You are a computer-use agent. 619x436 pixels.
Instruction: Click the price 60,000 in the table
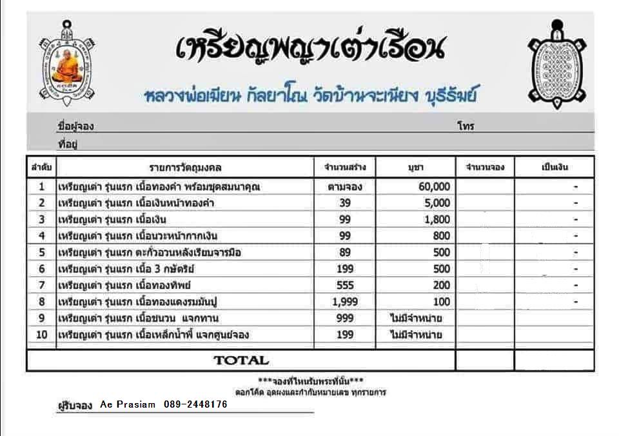pos(434,186)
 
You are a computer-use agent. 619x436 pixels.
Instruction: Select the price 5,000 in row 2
pos(437,203)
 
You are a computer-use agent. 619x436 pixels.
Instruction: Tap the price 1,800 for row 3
pos(437,219)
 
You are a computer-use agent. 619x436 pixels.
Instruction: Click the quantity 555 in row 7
pos(345,285)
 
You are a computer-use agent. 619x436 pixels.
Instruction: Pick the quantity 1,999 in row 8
pos(345,301)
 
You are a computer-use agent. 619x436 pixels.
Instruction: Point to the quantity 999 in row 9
pos(345,318)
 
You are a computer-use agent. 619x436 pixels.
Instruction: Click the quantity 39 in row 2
pos(345,203)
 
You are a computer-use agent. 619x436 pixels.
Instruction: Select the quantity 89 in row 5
pos(345,252)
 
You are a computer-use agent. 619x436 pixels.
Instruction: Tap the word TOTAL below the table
pos(241,360)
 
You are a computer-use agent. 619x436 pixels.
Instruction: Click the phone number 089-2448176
pos(195,404)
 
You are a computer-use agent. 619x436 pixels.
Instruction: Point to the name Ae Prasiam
pos(128,404)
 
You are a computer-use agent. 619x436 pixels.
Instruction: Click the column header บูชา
pos(415,168)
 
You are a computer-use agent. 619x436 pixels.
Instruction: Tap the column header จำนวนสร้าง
pos(345,168)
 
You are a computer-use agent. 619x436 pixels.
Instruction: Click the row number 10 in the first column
pos(41,335)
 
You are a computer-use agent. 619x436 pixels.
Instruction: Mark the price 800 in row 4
pos(442,236)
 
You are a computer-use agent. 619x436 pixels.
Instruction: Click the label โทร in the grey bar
pos(466,126)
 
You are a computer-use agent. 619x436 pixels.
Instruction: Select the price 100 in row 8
pos(442,301)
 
